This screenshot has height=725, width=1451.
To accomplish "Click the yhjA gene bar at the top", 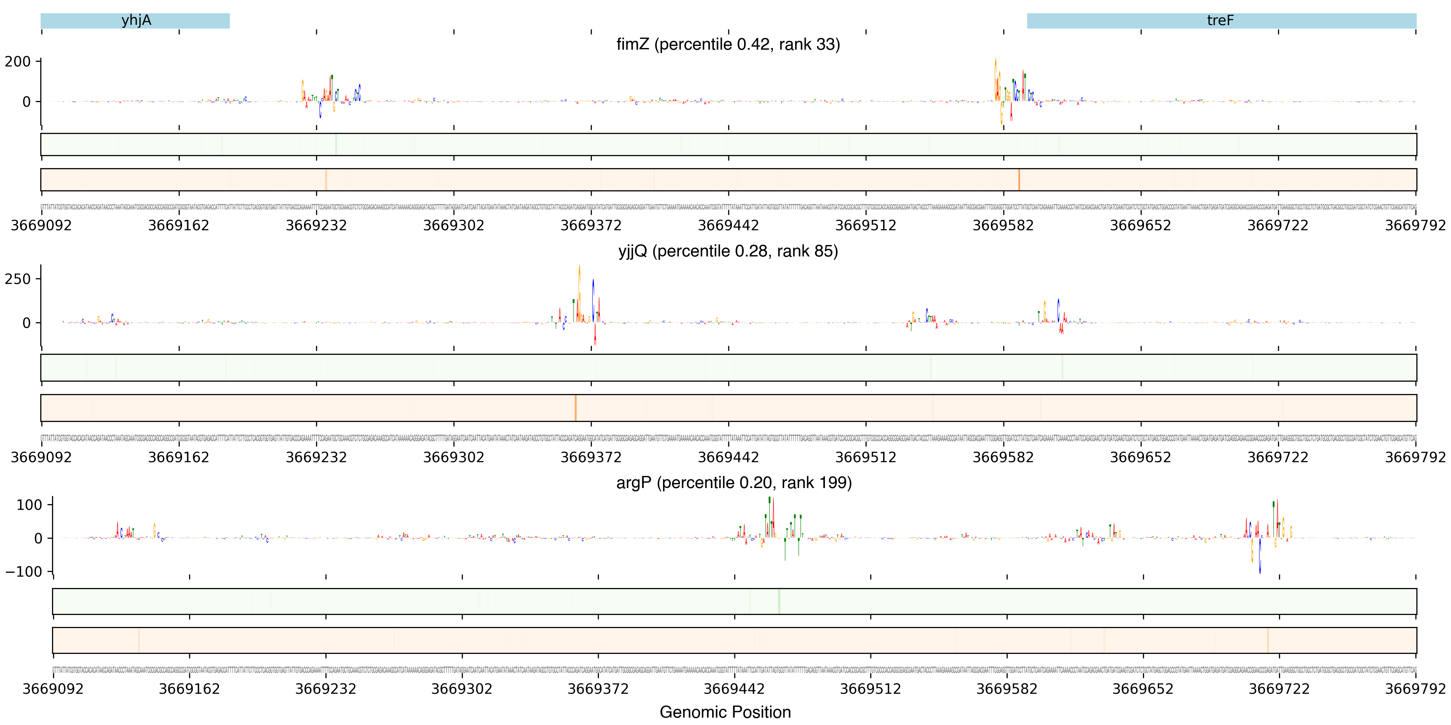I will (135, 21).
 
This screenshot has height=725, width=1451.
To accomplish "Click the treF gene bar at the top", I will (1221, 21).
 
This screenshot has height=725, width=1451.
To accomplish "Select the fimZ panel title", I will (728, 44).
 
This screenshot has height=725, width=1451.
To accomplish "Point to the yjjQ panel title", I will (728, 251).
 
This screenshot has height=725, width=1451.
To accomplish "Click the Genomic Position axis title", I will (725, 712).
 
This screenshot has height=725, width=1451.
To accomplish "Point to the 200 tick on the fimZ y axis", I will (18, 61).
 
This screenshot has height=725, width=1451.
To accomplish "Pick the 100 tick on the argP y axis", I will (29, 505).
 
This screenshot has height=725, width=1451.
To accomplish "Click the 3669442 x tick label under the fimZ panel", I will (728, 226).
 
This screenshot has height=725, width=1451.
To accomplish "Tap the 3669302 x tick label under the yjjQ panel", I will (453, 457).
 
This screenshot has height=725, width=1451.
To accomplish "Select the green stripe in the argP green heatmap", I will (779, 601).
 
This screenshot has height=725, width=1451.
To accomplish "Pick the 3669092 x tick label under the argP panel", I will (53, 689).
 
